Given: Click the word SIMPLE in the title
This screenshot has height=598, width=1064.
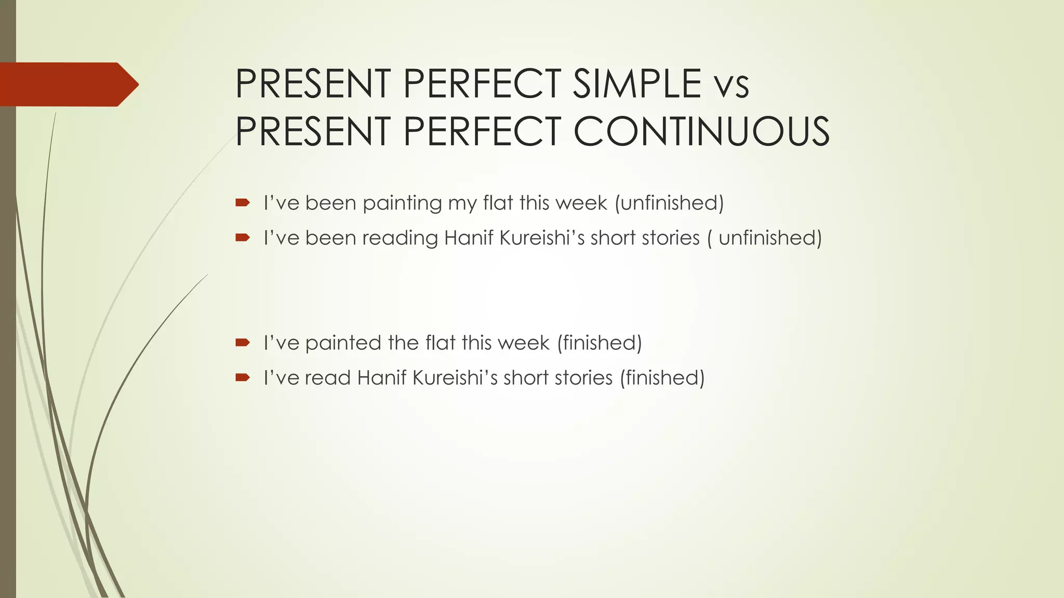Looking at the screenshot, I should point(637,84).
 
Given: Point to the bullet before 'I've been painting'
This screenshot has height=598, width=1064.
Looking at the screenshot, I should point(243,202).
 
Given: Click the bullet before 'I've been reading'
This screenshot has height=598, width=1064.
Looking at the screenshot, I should point(243,238).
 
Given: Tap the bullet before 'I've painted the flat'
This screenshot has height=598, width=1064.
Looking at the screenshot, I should point(243,342).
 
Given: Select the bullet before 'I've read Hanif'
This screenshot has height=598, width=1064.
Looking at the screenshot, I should point(243,377).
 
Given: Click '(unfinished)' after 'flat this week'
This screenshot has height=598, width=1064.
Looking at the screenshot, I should point(669,203).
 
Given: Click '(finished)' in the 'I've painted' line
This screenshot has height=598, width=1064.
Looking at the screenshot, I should point(599,343).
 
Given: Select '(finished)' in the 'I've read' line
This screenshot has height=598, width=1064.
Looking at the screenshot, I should point(662,378).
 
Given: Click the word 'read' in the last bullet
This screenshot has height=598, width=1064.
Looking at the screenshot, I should point(327,378).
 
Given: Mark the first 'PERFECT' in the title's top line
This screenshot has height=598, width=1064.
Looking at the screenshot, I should point(481,84).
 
